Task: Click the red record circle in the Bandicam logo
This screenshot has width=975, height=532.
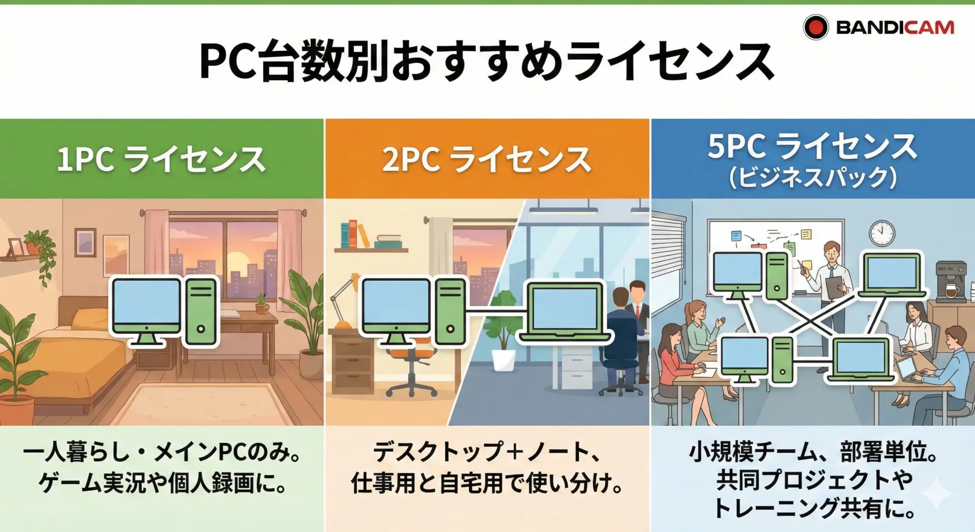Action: click(816, 27)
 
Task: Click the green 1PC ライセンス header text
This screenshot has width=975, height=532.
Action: click(161, 160)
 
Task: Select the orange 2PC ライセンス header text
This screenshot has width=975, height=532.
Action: click(486, 160)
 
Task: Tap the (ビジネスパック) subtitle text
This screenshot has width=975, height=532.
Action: click(813, 177)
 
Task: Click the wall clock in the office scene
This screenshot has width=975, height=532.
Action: click(882, 234)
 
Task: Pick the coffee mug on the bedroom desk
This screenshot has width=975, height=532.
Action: click(262, 308)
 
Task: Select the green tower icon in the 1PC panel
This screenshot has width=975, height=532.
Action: click(201, 311)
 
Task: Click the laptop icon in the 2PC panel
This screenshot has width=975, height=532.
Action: click(564, 310)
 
